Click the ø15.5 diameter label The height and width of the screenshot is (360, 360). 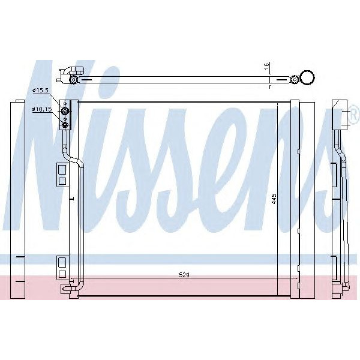[40, 91]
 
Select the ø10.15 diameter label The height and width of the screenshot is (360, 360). [42, 109]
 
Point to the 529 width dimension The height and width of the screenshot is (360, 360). [184, 275]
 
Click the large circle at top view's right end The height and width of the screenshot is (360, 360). [307, 77]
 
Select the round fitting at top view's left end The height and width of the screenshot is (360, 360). [73, 79]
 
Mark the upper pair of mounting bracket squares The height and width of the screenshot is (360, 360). [62, 174]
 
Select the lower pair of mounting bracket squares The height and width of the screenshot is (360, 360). [62, 267]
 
